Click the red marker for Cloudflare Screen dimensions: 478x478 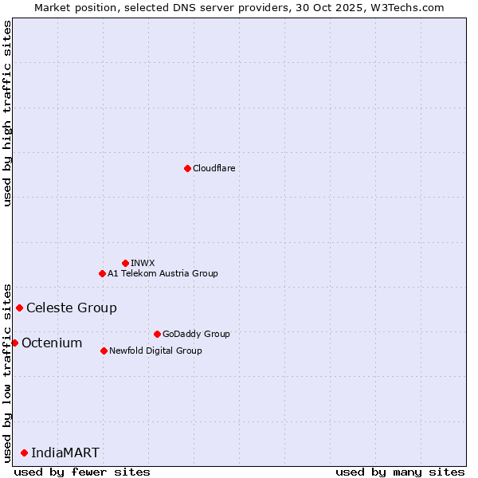pos(187,168)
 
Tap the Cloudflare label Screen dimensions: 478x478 pos(214,168)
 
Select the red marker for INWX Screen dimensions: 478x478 pos(125,263)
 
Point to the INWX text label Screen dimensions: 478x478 pos(143,263)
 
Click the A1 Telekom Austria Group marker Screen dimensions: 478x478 pos(102,273)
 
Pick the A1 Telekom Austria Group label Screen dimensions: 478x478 pos(163,273)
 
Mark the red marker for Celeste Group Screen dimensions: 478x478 pos(19,308)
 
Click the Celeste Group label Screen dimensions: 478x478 pos(71,308)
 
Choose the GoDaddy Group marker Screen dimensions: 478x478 pos(157,334)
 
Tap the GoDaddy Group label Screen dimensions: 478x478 pos(195,334)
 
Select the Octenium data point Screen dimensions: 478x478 pos(14,343)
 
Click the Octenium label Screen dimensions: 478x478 pos(52,343)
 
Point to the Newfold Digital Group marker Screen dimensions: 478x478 pos(104,351)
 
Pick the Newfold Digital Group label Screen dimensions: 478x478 pos(155,351)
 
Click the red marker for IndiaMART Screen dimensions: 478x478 pos(24,453)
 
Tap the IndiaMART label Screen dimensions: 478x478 pos(65,453)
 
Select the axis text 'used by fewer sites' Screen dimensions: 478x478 pos(82,472)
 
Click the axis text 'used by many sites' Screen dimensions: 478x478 pos(400,472)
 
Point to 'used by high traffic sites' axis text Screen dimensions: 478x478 pos(7,113)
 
